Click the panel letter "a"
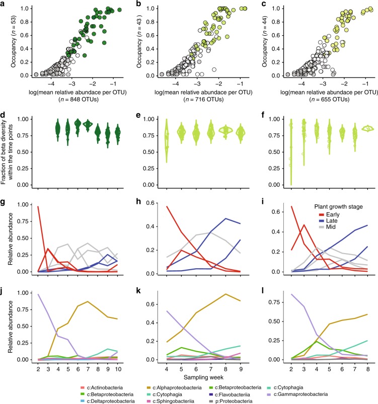pos(4,5)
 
